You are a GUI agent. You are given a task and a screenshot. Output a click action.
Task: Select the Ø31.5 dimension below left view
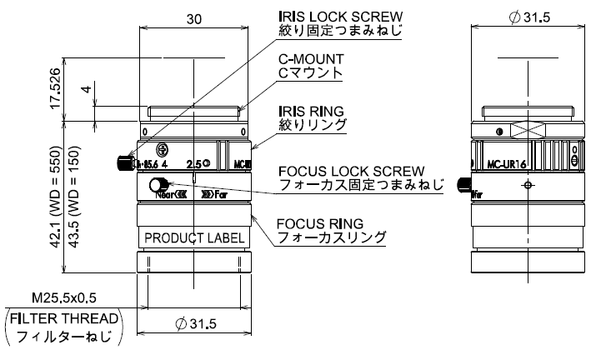[x=193, y=323]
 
